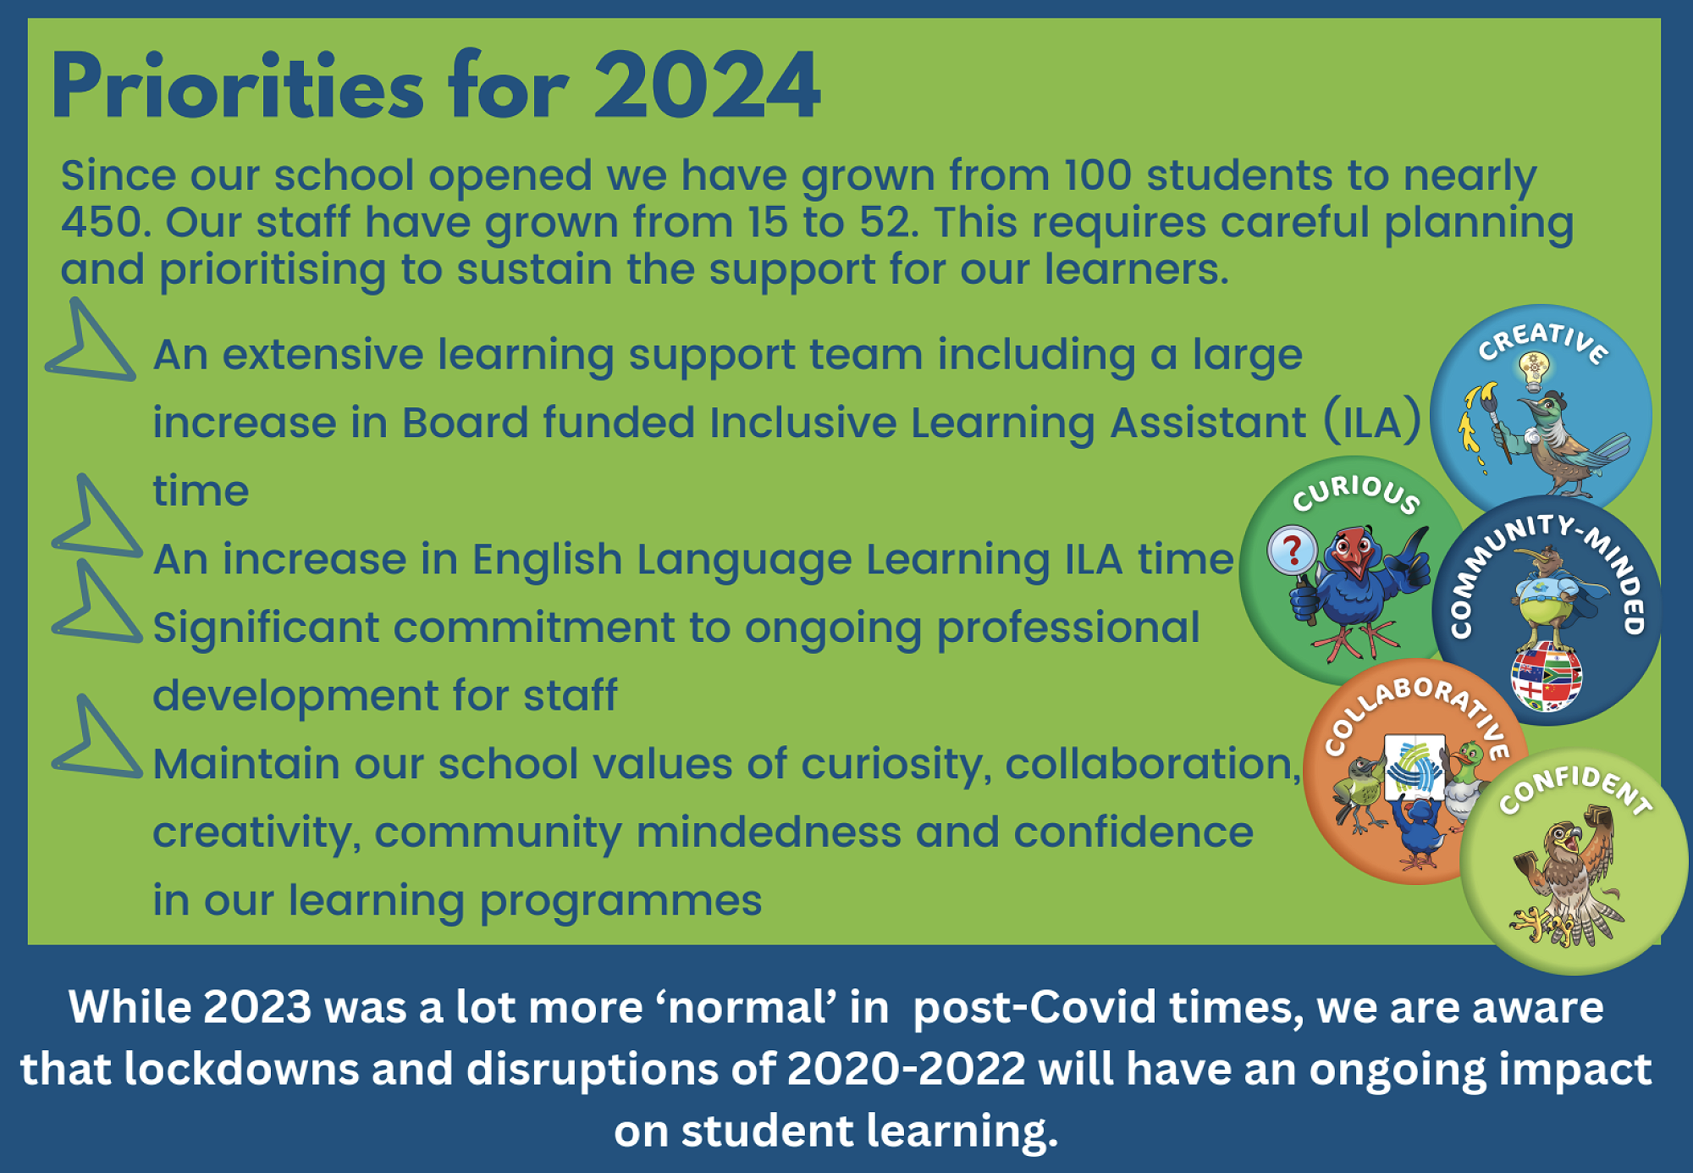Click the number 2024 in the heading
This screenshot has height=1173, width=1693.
pos(707,85)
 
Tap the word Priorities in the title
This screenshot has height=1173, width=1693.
pos(237,85)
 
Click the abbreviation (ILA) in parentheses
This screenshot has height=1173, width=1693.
pos(1372,422)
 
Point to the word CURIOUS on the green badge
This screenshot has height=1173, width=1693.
pos(1356,493)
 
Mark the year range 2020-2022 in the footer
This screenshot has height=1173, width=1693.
pos(907,1069)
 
